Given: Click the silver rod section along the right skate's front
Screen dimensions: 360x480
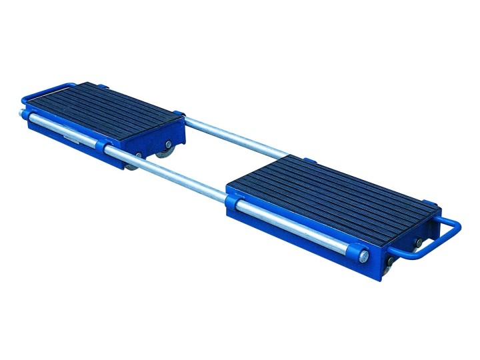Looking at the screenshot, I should pos(293,227).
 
